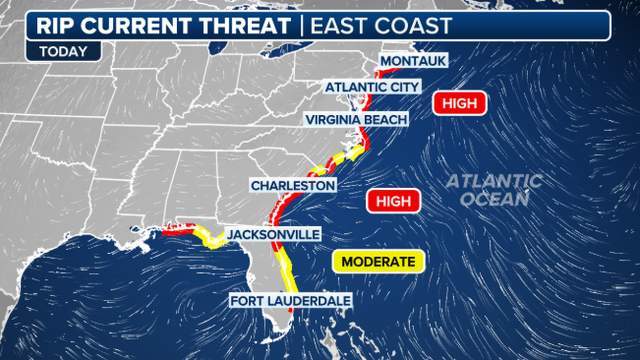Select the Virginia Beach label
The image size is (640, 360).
click(x=358, y=120)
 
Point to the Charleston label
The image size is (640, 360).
click(x=292, y=186)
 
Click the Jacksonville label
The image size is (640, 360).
click(x=273, y=234)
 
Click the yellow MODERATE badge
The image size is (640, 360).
click(x=378, y=262)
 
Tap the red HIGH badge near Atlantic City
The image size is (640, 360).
click(x=459, y=103)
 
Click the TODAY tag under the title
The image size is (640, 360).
click(x=62, y=51)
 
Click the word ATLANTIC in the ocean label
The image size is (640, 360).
click(x=494, y=181)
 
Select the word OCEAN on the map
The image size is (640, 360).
click(x=495, y=199)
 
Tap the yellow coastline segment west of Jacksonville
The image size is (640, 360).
click(x=211, y=240)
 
